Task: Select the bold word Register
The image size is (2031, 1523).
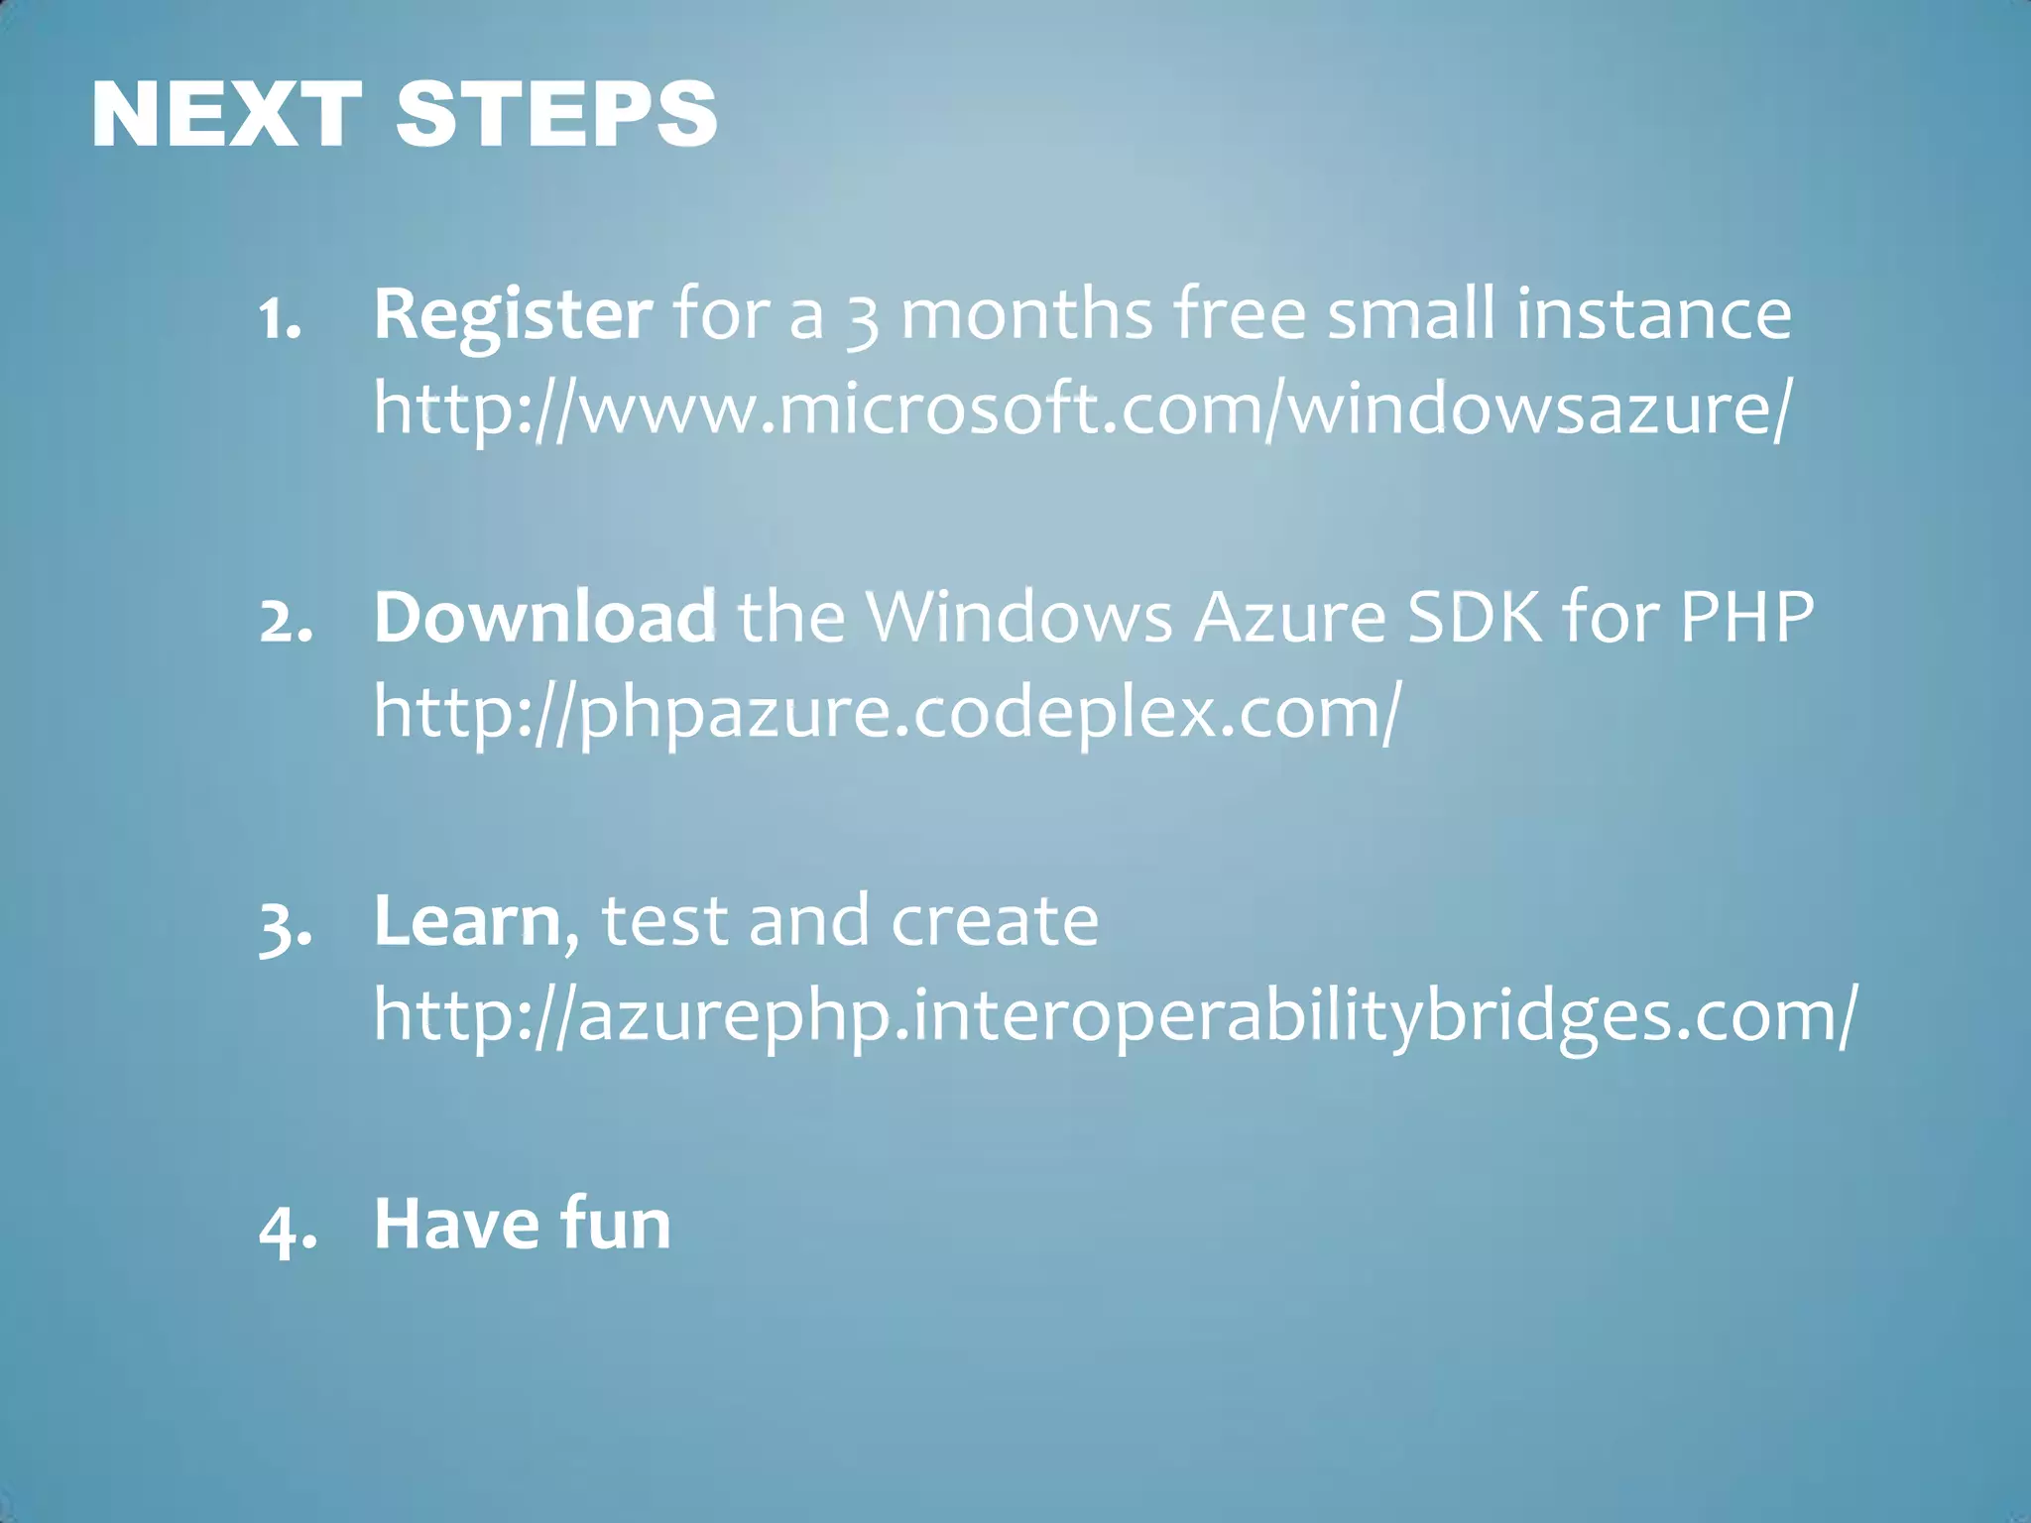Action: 513,315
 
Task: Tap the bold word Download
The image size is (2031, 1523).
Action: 544,617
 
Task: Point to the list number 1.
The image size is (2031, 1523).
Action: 279,319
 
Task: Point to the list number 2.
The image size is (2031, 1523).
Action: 286,621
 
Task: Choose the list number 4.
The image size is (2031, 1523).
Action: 288,1229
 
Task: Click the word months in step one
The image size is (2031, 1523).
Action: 1026,314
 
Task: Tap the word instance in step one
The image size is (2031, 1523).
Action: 1653,314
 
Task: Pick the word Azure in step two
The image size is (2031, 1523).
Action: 1289,617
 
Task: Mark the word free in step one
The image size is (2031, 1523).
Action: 1240,314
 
